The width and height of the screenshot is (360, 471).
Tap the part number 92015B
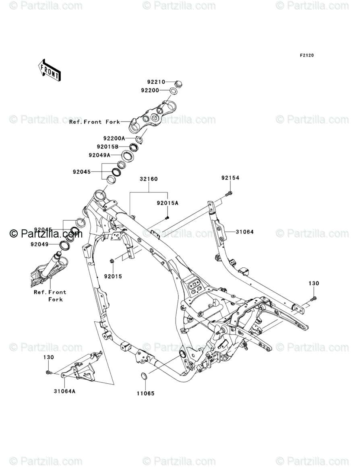click(108, 147)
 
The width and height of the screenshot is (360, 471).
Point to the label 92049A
click(99, 155)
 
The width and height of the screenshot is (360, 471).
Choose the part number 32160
click(149, 179)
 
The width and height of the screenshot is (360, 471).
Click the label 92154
click(230, 178)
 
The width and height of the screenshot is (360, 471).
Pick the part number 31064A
click(64, 390)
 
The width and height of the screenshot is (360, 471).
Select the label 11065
click(145, 393)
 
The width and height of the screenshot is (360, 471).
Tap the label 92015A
click(168, 203)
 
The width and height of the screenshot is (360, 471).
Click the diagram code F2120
click(306, 55)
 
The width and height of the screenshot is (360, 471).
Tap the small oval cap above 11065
click(143, 377)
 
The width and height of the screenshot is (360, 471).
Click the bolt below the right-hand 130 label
click(314, 299)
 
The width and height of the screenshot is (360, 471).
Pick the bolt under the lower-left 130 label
click(48, 372)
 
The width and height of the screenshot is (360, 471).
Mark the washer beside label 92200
click(174, 91)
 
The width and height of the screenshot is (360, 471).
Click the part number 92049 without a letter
click(39, 244)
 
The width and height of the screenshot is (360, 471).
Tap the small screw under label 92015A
click(167, 218)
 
